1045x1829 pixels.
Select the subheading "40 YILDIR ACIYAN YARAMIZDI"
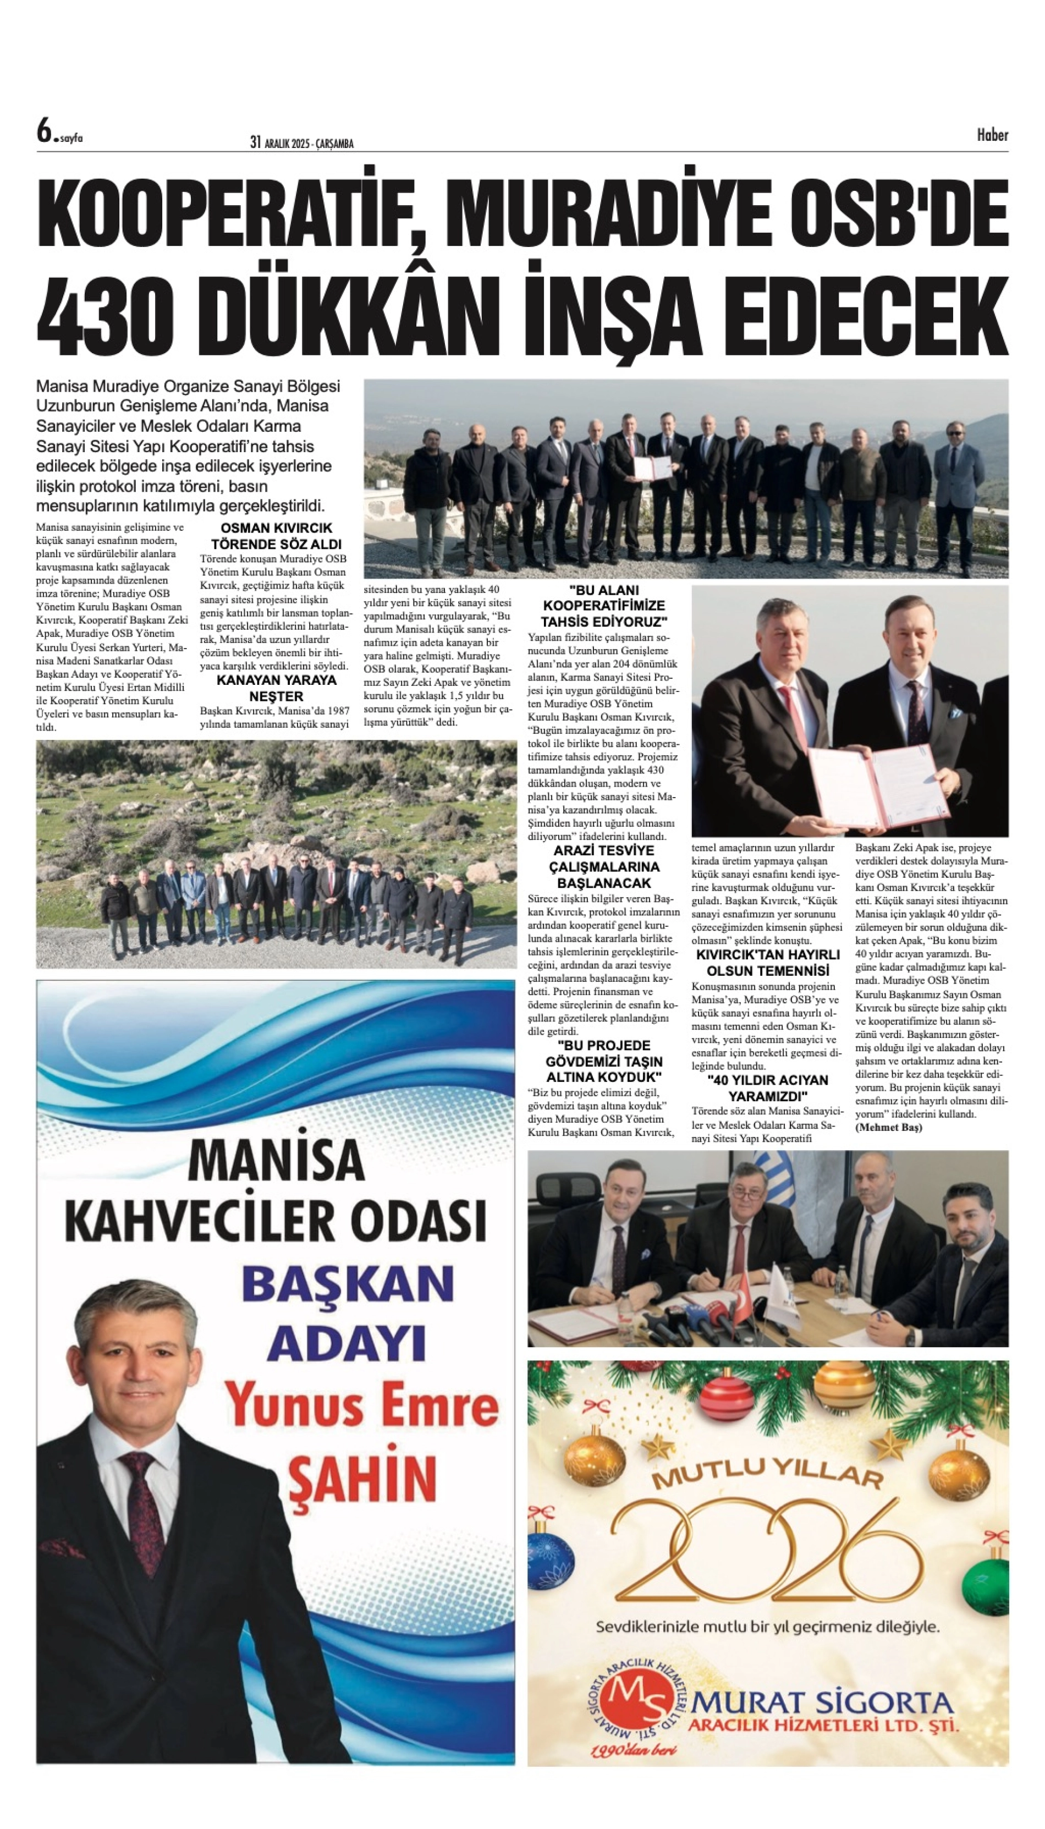(x=768, y=1087)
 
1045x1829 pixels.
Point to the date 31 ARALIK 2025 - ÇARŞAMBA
(x=302, y=143)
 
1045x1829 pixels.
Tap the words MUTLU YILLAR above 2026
(x=767, y=1478)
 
